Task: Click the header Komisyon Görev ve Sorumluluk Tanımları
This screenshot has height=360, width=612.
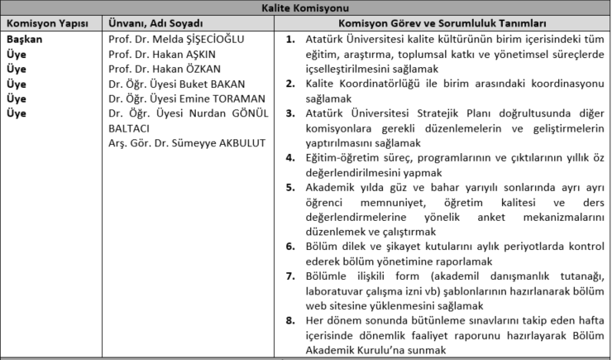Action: click(444, 23)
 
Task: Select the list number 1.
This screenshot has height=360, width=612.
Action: click(289, 39)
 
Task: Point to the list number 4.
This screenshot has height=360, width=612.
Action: click(289, 157)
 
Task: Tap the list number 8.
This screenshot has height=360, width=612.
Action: click(289, 320)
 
